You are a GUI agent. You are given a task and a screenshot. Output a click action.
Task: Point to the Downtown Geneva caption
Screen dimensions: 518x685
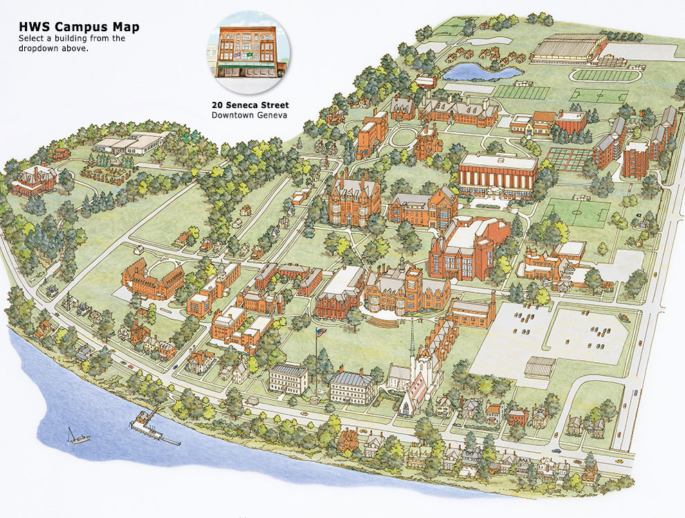tap(249, 115)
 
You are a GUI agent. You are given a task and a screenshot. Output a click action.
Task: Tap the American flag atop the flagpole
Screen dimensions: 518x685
tap(319, 333)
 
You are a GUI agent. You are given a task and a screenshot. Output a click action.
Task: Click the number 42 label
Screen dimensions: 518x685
tap(639, 217)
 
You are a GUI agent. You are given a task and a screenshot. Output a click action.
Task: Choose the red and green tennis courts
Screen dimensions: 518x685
tap(569, 158)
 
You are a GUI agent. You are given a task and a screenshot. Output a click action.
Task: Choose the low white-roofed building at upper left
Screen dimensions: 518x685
tap(131, 143)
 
